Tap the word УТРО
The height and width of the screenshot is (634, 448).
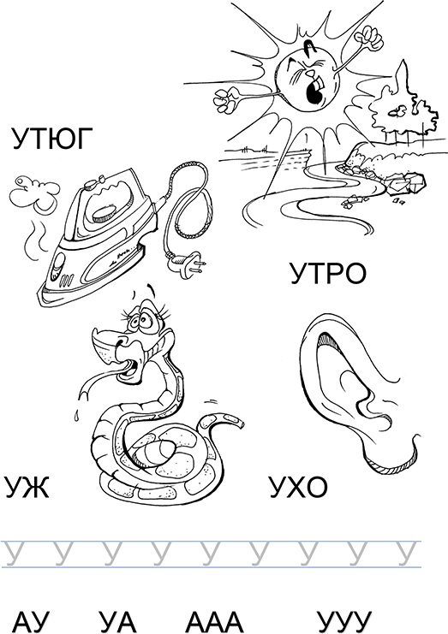(328, 273)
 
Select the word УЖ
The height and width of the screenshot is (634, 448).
(27, 487)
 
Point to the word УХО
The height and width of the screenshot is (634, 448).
(298, 487)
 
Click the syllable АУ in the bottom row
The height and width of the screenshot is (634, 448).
(32, 622)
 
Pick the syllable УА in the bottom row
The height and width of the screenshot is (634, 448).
(116, 622)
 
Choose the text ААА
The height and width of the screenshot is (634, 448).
(214, 622)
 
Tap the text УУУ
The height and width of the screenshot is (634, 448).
(344, 622)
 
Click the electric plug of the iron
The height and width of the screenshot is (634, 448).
(187, 264)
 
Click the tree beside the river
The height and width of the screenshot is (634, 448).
(403, 107)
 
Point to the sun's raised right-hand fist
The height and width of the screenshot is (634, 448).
(368, 37)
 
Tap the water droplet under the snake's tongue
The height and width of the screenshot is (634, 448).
(76, 416)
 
